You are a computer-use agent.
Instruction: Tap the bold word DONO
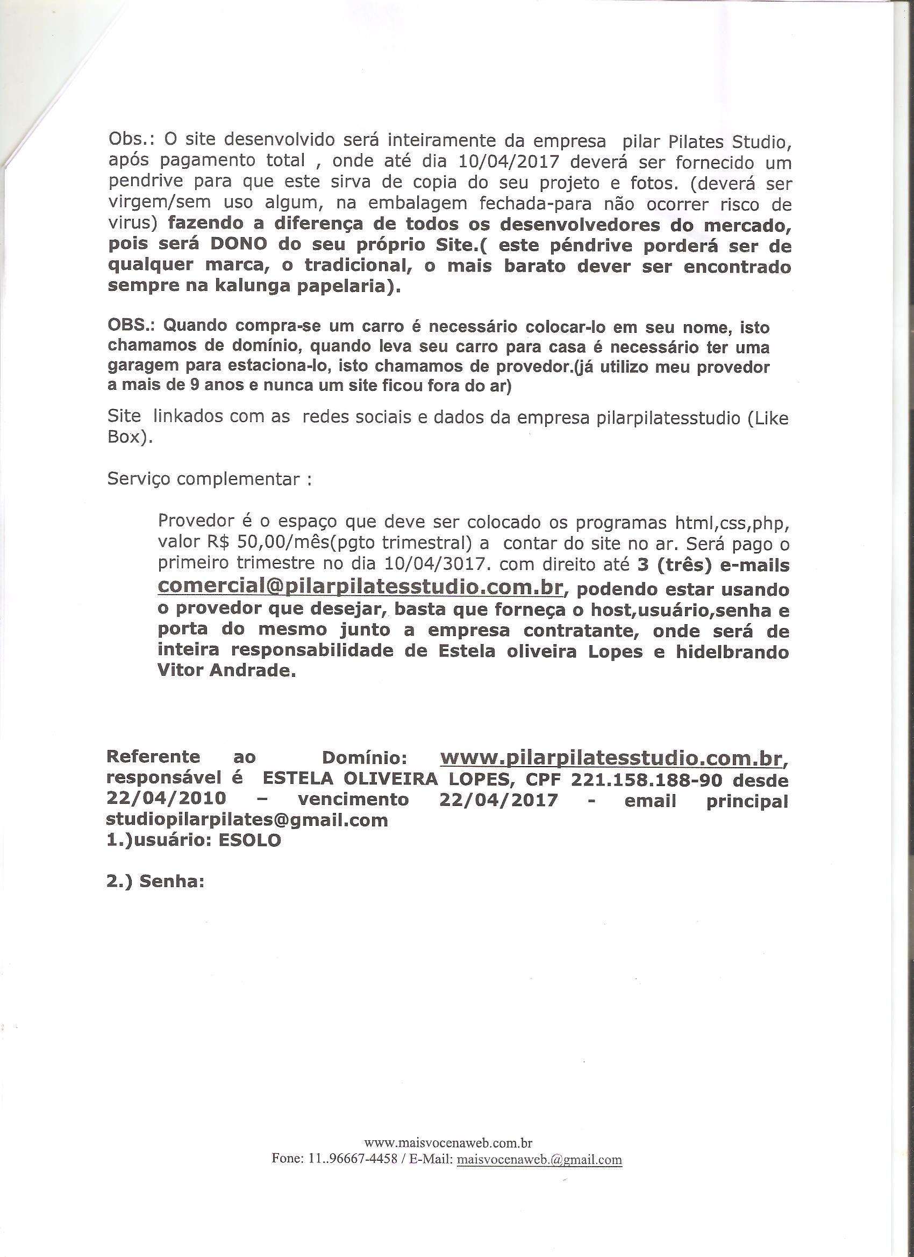tap(238, 244)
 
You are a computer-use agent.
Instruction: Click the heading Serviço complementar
tap(209, 479)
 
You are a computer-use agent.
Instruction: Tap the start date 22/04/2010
tap(166, 799)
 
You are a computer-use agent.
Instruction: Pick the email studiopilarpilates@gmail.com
tap(247, 820)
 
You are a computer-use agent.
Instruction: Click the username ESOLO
tap(249, 840)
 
